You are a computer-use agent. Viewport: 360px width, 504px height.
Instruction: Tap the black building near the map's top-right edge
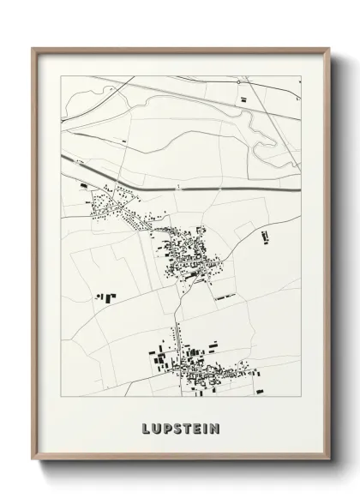point(243,100)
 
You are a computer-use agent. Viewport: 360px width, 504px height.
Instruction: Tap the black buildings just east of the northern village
point(264,234)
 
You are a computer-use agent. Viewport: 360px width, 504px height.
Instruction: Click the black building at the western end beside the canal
point(83,185)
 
